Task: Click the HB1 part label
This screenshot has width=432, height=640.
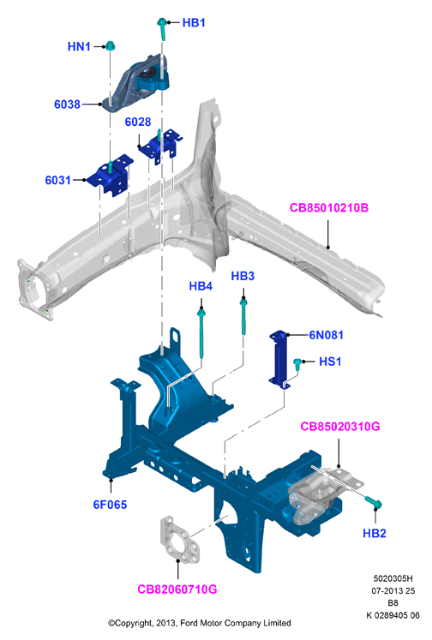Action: click(194, 22)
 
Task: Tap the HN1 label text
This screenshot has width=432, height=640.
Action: click(79, 46)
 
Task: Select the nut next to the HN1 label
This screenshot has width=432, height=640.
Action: click(110, 45)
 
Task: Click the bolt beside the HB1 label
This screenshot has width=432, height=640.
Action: click(162, 28)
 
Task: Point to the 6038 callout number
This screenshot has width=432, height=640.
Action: click(68, 105)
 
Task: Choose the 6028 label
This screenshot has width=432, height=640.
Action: click(138, 122)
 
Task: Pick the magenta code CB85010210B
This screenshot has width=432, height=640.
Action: click(328, 207)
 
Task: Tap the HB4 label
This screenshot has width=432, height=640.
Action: click(201, 286)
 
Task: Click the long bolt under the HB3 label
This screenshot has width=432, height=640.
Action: click(243, 316)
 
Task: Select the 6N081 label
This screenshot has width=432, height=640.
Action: click(327, 335)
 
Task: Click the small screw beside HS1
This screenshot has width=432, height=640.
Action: click(298, 364)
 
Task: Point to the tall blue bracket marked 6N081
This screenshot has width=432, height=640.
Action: click(280, 359)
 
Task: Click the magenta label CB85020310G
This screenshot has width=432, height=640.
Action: click(340, 427)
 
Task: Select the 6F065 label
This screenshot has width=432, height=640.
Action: click(110, 505)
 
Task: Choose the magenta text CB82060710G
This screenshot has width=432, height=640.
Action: click(177, 589)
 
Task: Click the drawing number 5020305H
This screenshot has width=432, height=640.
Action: click(393, 578)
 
